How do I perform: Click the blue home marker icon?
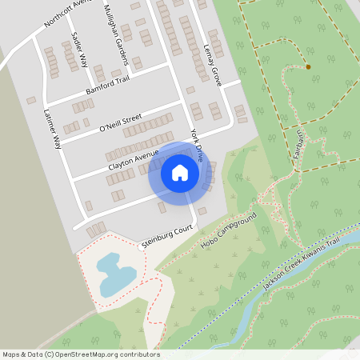click(x=180, y=173)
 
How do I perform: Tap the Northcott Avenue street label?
click(x=70, y=13)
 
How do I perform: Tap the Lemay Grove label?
click(x=213, y=64)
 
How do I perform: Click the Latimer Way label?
click(x=53, y=129)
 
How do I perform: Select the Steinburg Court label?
click(x=169, y=236)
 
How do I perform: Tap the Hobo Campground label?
click(x=229, y=230)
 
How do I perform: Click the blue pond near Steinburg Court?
click(x=114, y=273)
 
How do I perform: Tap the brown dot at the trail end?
click(x=308, y=67)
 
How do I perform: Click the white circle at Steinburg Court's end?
click(x=141, y=248)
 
